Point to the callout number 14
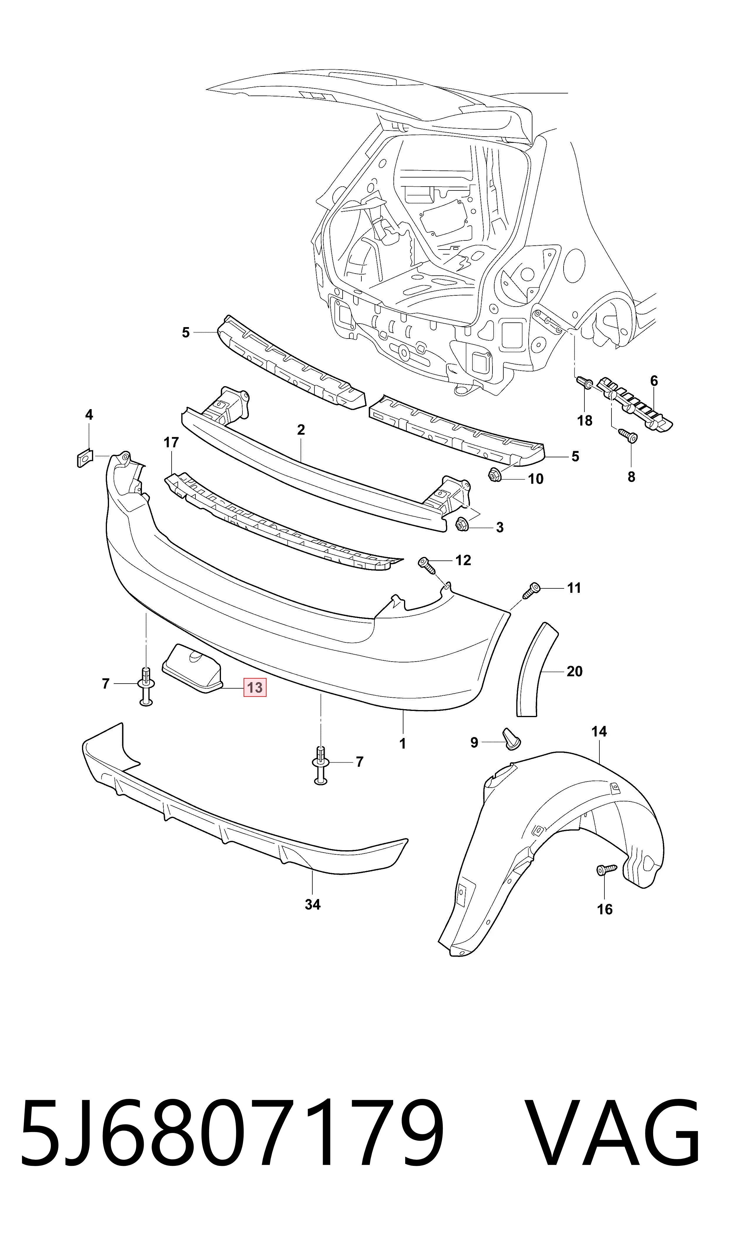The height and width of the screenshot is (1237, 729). click(599, 732)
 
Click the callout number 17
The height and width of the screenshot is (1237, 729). click(171, 443)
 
